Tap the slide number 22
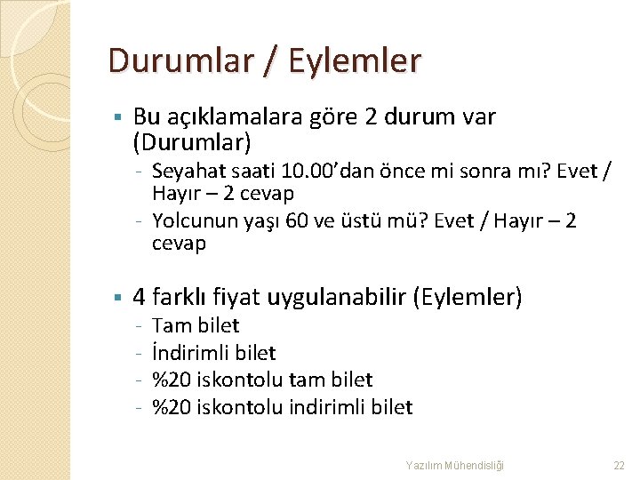point(620,465)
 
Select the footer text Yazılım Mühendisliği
point(454,465)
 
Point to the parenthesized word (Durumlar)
point(192,141)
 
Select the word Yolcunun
point(191,220)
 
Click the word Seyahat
point(186,171)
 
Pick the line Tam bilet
point(196,326)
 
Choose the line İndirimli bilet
point(214,353)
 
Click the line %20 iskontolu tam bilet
point(262,380)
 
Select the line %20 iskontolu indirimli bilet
point(283,407)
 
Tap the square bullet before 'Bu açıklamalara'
point(116,116)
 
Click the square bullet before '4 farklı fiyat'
point(116,296)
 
